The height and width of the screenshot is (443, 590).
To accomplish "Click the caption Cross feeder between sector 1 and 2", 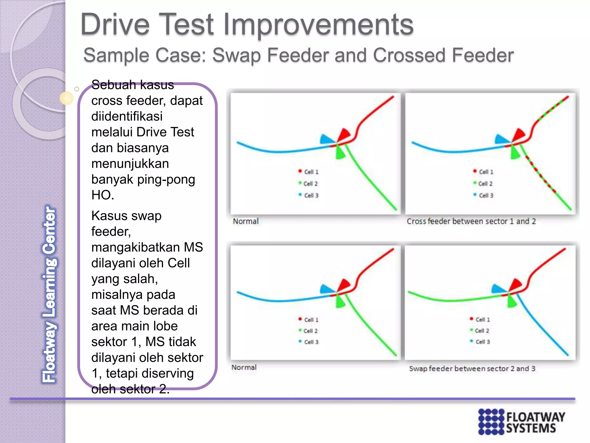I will pos(471,221).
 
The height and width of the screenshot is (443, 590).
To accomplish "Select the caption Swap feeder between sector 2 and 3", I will pos(472,368).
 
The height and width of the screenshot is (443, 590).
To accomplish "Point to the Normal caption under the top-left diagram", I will pos(245,221).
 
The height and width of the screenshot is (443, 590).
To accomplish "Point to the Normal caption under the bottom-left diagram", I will pos(244,367).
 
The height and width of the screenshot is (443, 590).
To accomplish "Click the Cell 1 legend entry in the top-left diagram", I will pos(309,172).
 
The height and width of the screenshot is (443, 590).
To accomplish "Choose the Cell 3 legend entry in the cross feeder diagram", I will pos(484,195).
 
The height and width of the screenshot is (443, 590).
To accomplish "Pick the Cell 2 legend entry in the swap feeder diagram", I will pos(480,331).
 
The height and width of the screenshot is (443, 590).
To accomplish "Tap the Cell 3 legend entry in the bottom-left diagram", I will pos(309,342).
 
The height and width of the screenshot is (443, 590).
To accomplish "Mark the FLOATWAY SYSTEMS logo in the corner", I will pos(521,421).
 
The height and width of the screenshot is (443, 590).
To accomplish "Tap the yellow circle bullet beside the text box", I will pos(66,98).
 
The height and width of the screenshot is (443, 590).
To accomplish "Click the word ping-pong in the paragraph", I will pos(166,179).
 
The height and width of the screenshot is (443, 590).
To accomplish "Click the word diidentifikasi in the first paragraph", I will pos(127,116).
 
